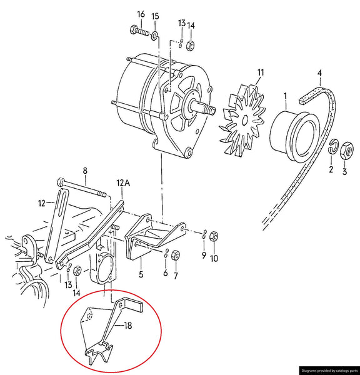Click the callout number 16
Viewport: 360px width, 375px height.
pos(140,14)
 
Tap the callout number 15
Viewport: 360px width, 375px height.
pos(155,16)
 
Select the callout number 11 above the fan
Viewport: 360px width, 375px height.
pos(261,73)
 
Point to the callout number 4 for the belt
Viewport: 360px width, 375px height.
pos(319,73)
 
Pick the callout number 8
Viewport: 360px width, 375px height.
pos(85,170)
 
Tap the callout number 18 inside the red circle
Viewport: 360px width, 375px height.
pos(128,326)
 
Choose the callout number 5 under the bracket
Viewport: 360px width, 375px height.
pos(141,273)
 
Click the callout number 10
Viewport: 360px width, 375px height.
pos(214,258)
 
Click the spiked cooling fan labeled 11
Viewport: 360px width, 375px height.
pos(241,122)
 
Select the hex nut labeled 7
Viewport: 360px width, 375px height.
pos(176,255)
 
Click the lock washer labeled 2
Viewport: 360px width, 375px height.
pos(333,147)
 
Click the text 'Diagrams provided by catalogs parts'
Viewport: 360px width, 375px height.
pos(329,370)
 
